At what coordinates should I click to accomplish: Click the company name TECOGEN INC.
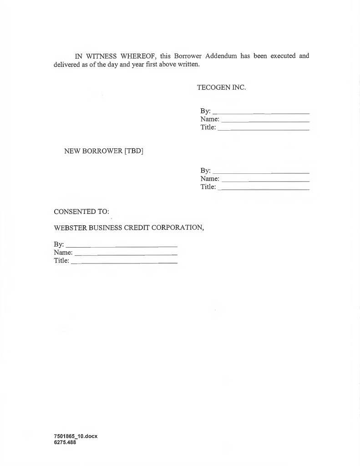pyautogui.click(x=221, y=87)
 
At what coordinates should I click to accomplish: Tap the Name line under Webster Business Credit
pyautogui.click(x=125, y=254)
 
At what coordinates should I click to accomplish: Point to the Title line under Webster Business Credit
pyautogui.click(x=124, y=263)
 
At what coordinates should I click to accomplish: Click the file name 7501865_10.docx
pyautogui.click(x=76, y=436)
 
